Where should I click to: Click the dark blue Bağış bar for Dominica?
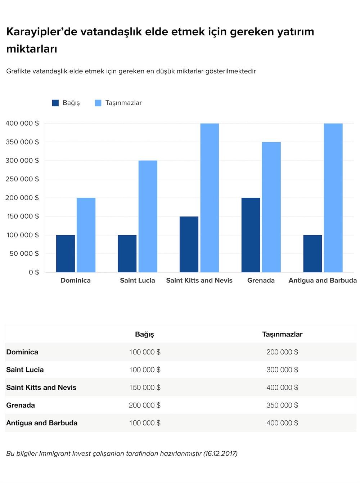(66, 254)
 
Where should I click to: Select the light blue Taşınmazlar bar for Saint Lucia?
(148, 216)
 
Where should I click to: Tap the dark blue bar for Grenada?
(251, 235)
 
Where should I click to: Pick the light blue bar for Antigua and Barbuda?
(333, 198)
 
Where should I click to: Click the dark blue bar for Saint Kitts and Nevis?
(189, 244)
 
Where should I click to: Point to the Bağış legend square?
(55, 103)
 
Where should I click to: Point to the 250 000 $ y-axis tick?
(22, 179)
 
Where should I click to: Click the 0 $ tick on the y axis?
(34, 272)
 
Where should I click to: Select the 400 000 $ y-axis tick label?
(22, 123)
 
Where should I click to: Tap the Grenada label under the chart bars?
(261, 281)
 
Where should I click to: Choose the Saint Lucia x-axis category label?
(138, 281)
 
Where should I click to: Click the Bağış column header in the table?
(144, 334)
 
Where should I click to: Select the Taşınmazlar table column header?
(282, 334)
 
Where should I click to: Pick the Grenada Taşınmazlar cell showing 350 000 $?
(282, 405)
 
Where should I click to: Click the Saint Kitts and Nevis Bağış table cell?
(145, 388)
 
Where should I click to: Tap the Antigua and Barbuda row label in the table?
(42, 423)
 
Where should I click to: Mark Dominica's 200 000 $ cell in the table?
(282, 352)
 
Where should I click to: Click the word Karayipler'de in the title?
(42, 32)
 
